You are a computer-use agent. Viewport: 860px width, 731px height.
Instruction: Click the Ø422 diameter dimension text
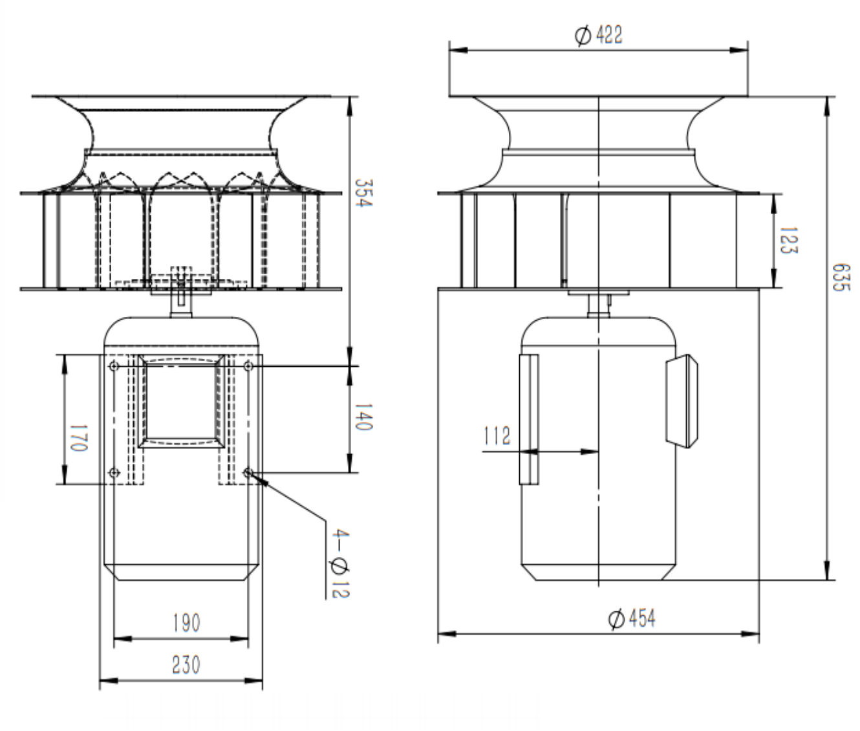point(599,35)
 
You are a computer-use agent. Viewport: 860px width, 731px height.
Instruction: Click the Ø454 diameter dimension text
point(632,618)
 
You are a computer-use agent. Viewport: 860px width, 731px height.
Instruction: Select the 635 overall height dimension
point(840,277)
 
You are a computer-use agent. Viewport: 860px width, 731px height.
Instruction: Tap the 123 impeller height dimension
point(788,240)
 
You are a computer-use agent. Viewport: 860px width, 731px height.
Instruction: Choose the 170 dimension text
point(78,438)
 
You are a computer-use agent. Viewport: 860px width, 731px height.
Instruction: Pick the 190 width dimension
point(186,623)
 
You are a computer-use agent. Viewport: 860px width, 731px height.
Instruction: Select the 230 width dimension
point(186,664)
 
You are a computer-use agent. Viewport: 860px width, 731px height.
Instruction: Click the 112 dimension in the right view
point(497,436)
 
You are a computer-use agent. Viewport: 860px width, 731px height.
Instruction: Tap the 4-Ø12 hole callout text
point(339,563)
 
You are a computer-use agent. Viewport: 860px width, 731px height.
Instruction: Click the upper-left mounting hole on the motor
point(114,367)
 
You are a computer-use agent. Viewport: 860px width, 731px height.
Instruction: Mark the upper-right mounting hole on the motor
point(248,367)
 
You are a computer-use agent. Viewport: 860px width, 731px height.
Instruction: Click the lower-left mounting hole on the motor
point(114,473)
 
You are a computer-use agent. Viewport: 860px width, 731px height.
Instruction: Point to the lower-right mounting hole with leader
point(248,473)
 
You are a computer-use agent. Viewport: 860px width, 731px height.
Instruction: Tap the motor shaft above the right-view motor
point(599,305)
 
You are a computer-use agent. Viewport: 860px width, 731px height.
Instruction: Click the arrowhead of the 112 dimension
point(590,452)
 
